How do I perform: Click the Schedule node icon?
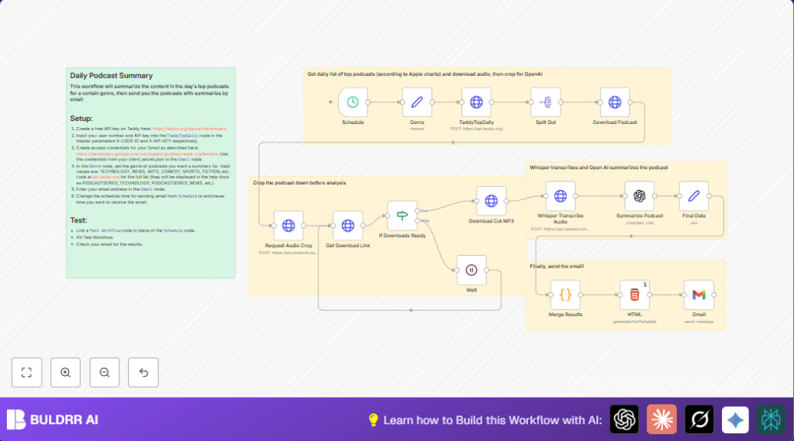[353, 102]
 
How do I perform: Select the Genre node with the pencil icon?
[416, 102]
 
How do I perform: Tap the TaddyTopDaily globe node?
[476, 102]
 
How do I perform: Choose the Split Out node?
[546, 102]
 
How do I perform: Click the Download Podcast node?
[615, 102]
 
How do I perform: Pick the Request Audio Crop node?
[288, 226]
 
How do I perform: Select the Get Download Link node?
[347, 226]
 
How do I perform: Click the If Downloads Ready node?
[402, 215]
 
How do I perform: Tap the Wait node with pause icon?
[471, 270]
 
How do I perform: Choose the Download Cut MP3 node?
[491, 201]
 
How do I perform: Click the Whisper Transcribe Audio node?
[560, 196]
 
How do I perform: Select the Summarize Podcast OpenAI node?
[640, 196]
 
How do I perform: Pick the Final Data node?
[694, 196]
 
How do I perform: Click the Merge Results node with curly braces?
[565, 295]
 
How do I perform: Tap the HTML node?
[634, 295]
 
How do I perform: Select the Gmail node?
[699, 295]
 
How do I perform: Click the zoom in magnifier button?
[65, 373]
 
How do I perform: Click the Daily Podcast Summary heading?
[111, 75]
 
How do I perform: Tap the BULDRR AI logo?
[53, 419]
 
